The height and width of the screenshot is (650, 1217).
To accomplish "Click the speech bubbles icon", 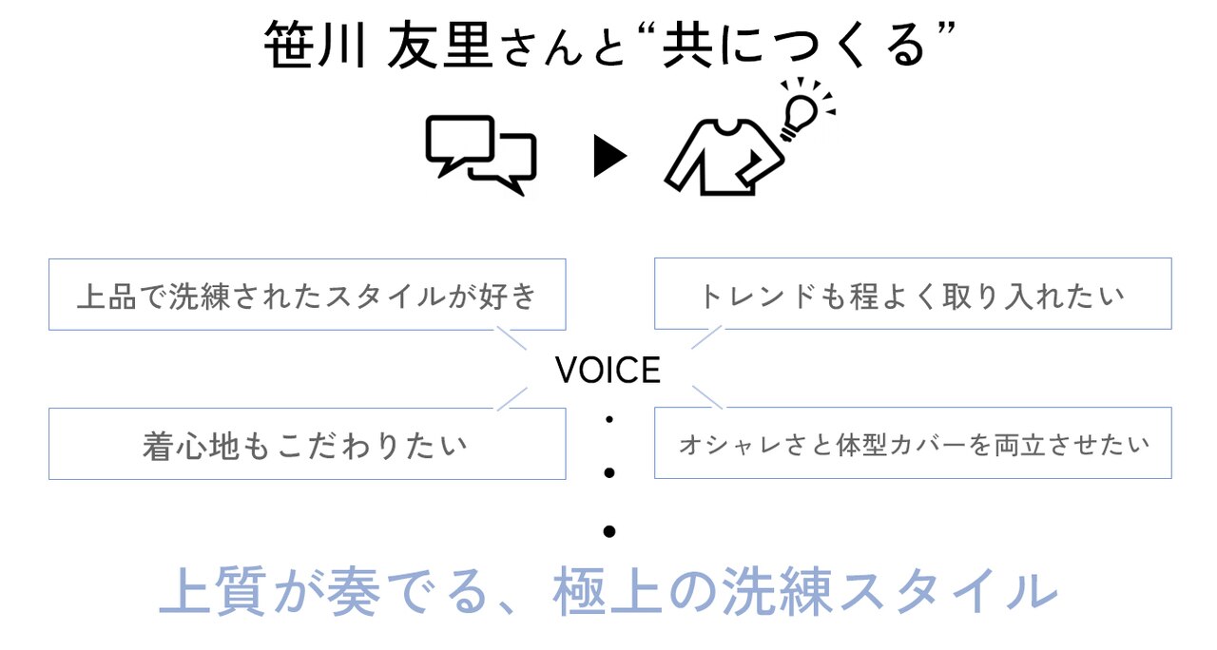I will coord(480,155).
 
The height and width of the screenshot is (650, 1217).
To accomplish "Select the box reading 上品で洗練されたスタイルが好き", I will coord(307,295).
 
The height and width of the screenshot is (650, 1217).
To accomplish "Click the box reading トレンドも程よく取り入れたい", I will coord(912,295).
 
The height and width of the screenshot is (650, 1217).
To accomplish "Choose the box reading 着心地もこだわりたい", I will coord(307,444).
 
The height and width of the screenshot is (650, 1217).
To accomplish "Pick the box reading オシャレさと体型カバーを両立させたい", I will coord(912,444).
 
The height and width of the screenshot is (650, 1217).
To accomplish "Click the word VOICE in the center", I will coord(608,371).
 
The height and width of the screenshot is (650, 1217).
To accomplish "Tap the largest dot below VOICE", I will coord(609,531).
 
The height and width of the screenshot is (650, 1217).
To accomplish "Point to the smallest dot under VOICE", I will coord(609,419).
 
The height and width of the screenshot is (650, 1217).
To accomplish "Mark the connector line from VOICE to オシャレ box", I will coord(707,397).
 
